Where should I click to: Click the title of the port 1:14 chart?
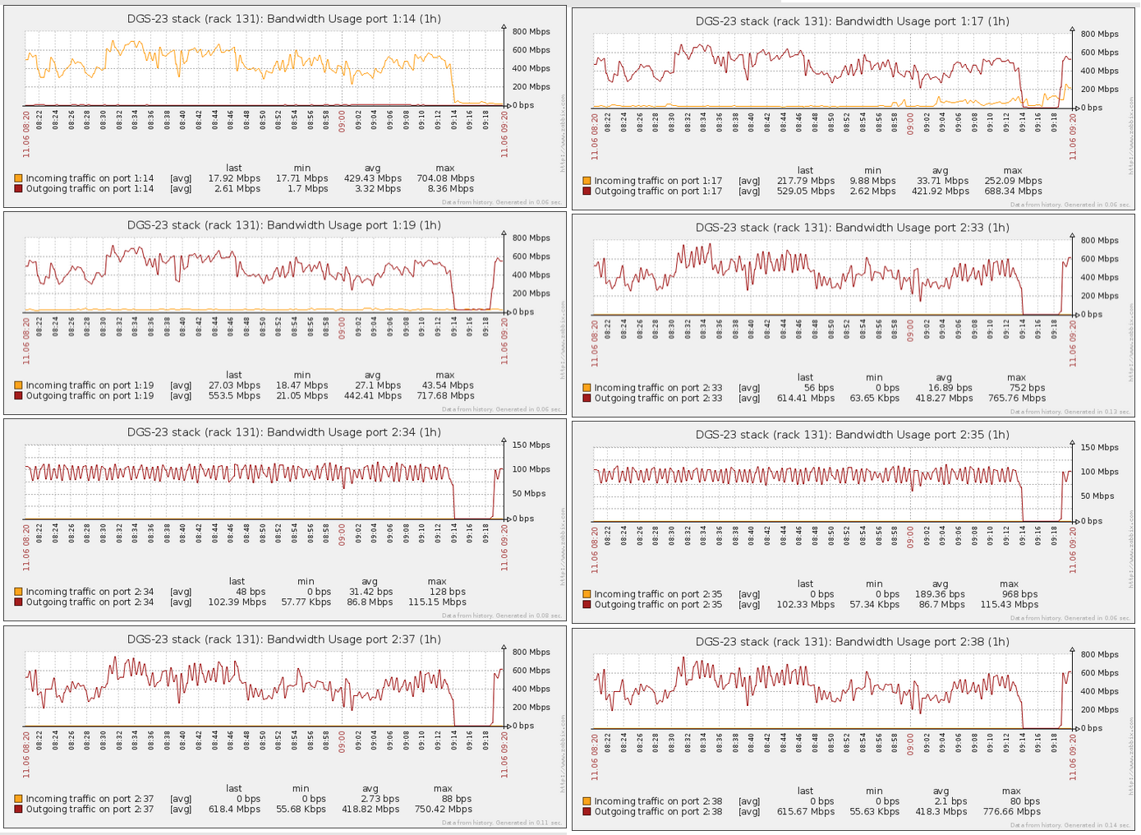(284, 19)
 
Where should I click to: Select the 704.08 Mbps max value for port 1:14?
(445, 178)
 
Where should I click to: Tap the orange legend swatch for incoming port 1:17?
(587, 181)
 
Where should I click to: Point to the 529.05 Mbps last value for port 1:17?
(805, 191)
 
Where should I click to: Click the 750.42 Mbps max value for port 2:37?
(443, 810)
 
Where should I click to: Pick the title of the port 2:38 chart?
(853, 642)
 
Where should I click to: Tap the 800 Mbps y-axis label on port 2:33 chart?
(1099, 241)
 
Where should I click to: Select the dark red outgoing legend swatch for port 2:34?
(18, 602)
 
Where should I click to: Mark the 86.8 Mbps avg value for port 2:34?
(370, 602)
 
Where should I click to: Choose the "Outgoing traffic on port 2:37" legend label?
(90, 810)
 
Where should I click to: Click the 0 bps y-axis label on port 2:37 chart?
(522, 726)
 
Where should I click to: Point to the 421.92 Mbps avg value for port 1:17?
(941, 191)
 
